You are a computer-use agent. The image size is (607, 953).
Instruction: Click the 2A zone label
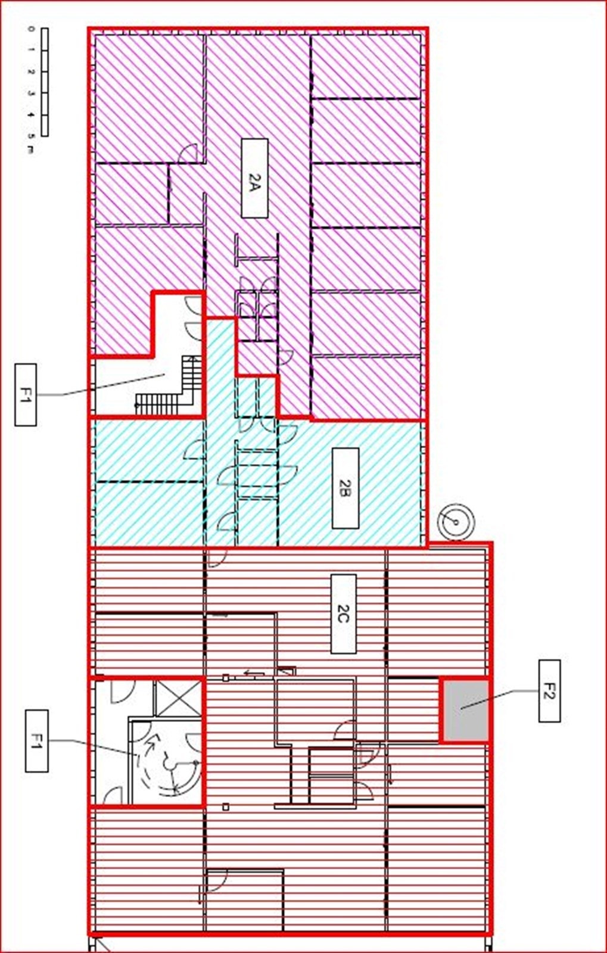[x=254, y=178]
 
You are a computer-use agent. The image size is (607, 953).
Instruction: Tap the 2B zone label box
[x=345, y=488]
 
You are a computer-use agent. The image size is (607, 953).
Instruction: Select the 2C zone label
[x=343, y=613]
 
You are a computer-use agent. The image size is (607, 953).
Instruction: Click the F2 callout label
[x=549, y=691]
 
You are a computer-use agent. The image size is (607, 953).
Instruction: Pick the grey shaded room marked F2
[x=465, y=709]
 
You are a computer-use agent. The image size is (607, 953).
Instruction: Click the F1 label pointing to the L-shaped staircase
[x=25, y=394]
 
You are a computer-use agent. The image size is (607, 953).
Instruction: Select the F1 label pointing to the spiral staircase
[x=36, y=741]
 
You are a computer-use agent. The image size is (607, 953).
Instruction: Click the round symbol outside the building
[x=456, y=523]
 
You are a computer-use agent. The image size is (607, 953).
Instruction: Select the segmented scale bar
[x=45, y=82]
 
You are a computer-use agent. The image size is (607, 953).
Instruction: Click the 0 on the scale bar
[x=30, y=28]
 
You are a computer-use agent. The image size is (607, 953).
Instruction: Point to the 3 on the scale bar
[x=30, y=94]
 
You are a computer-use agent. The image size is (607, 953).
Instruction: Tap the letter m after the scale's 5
[x=30, y=150]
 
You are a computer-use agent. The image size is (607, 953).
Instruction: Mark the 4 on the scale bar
[x=30, y=116]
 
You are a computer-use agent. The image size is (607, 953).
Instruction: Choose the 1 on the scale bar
[x=30, y=50]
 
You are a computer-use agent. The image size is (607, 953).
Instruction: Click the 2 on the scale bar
[x=30, y=72]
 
